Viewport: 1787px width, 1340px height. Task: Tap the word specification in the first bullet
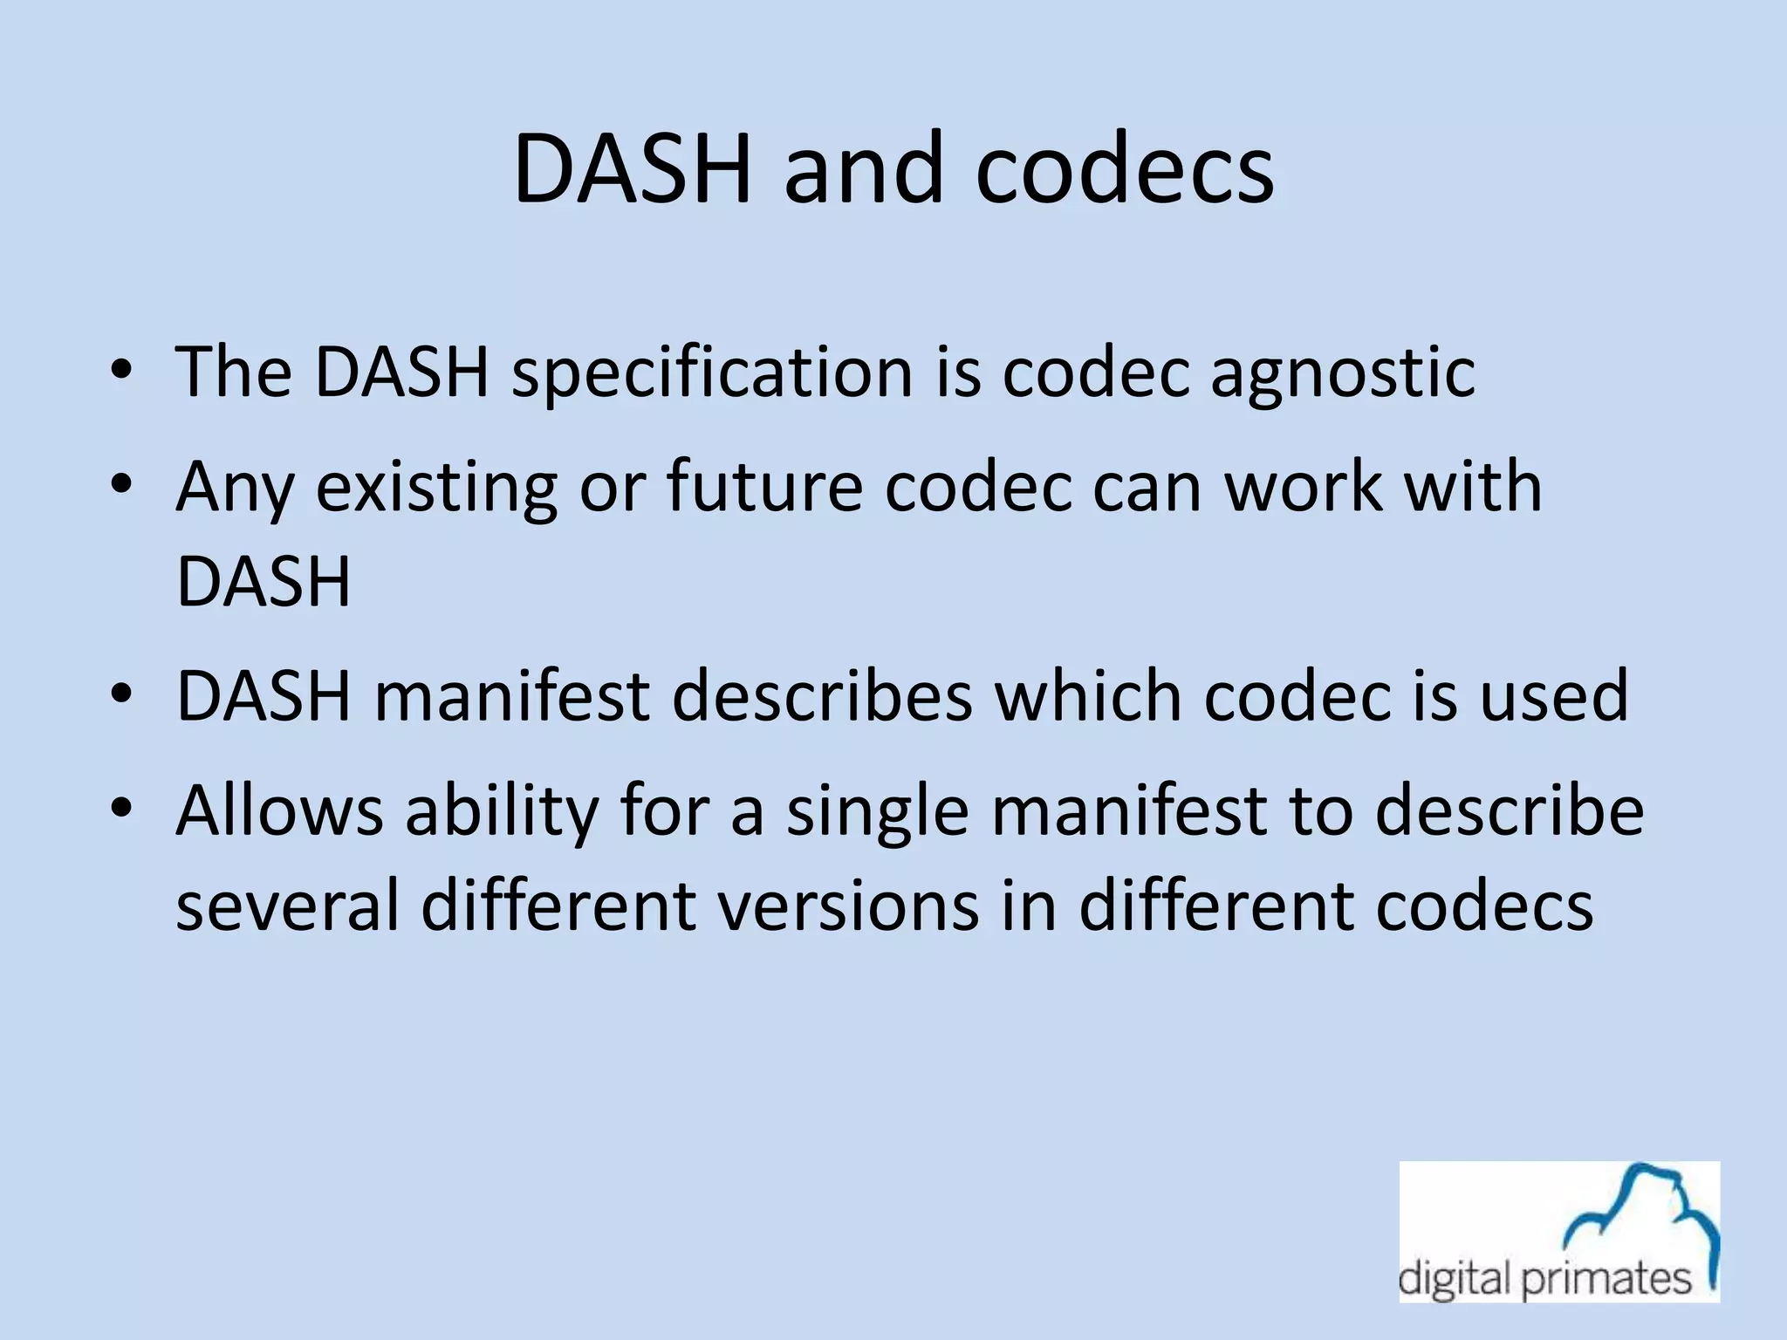click(711, 373)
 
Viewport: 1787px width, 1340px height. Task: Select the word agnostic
click(1342, 373)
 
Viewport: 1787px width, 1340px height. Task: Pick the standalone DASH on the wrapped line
click(264, 581)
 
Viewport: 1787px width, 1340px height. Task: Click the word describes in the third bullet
click(822, 696)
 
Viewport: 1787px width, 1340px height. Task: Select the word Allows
click(279, 810)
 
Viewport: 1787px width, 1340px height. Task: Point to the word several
click(287, 905)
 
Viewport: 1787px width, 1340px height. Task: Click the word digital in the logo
click(1453, 1280)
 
